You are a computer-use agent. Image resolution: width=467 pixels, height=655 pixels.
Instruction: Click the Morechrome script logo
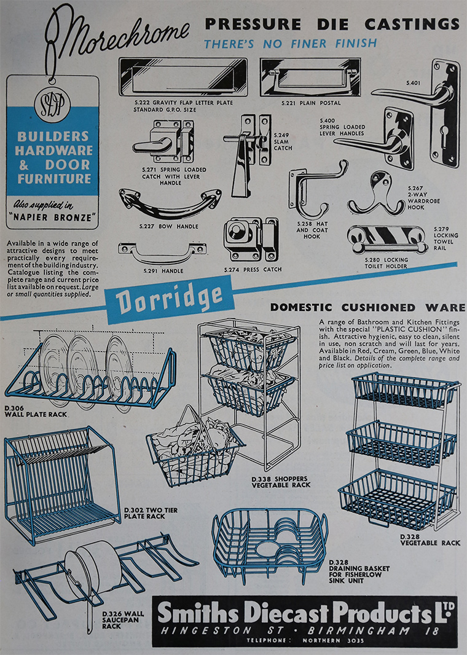click(117, 37)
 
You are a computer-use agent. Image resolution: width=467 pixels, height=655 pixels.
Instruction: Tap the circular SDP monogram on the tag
click(52, 106)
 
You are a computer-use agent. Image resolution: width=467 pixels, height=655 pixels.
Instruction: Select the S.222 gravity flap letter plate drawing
click(183, 77)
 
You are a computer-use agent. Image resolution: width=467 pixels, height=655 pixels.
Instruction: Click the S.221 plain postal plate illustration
click(310, 77)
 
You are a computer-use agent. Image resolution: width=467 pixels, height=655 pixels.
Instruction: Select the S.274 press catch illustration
click(251, 240)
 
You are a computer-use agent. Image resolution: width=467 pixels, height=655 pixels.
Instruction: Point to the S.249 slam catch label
click(283, 141)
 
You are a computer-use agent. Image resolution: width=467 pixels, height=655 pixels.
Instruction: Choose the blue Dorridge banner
click(169, 299)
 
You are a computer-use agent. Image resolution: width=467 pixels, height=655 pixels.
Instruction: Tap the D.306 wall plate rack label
click(36, 412)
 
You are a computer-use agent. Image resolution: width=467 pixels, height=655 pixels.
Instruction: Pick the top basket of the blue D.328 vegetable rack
click(405, 391)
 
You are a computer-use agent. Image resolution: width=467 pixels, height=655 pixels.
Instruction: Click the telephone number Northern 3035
click(333, 640)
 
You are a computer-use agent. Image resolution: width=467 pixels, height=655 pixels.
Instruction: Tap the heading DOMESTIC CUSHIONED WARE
click(367, 308)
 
